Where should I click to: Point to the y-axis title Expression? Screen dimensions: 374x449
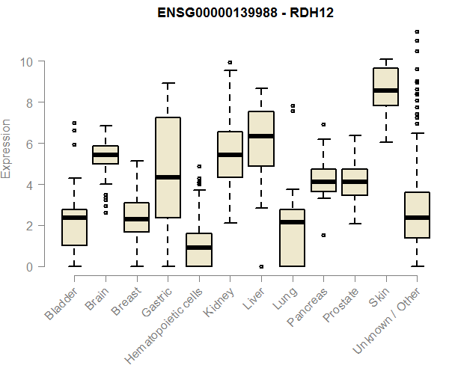point(7,148)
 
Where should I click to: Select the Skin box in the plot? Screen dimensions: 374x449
point(385,87)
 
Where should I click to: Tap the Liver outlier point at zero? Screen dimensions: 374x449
point(261,266)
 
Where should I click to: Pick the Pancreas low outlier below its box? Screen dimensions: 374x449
point(323,235)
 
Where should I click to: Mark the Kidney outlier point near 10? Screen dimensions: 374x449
point(230,62)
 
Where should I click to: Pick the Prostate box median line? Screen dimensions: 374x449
point(355,182)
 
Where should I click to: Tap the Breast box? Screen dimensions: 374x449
point(136,217)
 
